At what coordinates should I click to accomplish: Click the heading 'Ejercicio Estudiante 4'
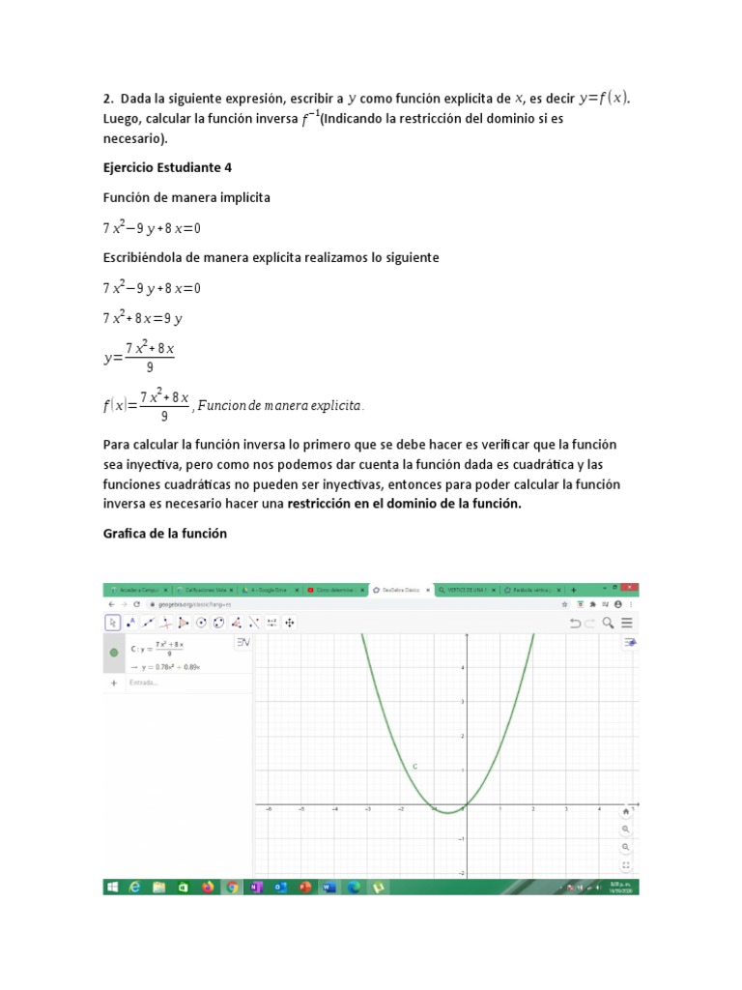click(x=167, y=167)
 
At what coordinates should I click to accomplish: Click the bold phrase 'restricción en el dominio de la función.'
click(x=404, y=504)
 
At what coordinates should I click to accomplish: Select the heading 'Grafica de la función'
click(x=164, y=534)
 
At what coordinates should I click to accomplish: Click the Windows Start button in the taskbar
click(x=112, y=886)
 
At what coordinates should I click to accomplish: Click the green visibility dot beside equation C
click(x=114, y=653)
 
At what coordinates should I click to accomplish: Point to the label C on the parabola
click(x=414, y=766)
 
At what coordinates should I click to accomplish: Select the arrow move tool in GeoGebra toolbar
click(x=113, y=623)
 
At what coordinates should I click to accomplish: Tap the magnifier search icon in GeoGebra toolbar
click(x=607, y=623)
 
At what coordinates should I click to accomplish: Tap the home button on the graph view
click(x=626, y=811)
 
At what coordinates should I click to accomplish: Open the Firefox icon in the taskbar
click(x=207, y=886)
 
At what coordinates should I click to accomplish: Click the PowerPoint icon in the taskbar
click(x=303, y=886)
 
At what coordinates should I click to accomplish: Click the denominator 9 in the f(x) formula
click(x=164, y=416)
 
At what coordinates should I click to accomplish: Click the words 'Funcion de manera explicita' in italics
click(x=279, y=407)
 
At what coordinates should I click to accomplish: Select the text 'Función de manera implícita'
click(x=186, y=197)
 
